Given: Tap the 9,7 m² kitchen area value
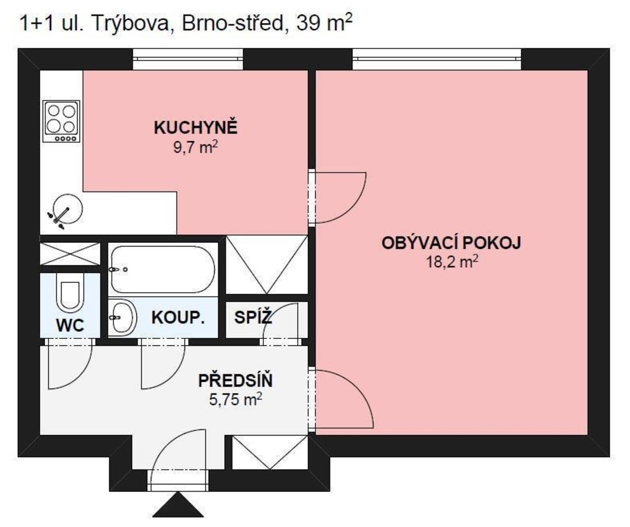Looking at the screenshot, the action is click(x=195, y=147).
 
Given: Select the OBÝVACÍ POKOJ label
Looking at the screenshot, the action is click(x=451, y=243).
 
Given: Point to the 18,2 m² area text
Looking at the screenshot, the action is click(x=452, y=262).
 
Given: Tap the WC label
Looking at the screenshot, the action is click(x=70, y=325).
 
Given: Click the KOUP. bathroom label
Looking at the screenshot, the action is click(x=178, y=318).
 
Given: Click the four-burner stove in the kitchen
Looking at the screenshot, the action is click(x=61, y=121).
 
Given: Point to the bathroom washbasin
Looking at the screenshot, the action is click(x=122, y=317).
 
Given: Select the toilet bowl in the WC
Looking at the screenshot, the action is click(x=70, y=293).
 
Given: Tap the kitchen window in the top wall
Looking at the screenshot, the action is click(x=188, y=59).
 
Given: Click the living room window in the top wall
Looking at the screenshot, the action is click(x=437, y=59).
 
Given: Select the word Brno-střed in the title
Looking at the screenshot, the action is click(x=232, y=24).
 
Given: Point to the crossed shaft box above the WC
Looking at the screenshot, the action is click(x=70, y=253).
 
